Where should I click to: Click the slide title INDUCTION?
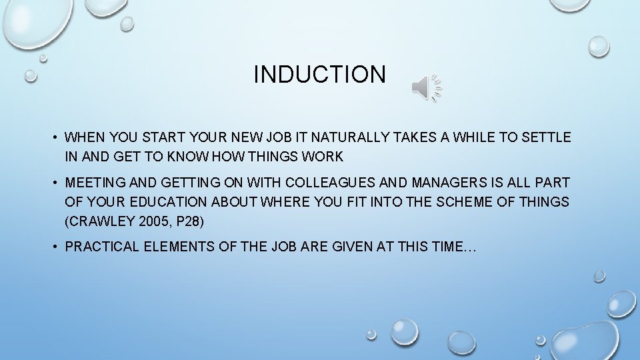[319, 74]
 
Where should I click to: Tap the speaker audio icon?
[426, 87]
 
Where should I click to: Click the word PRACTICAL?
[101, 247]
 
